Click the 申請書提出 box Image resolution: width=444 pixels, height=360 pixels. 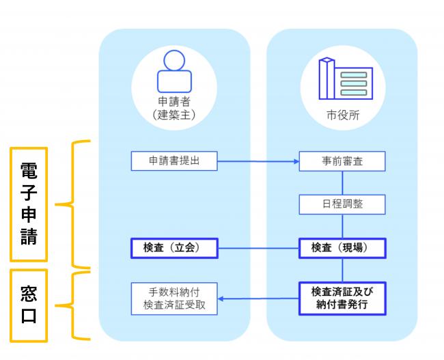point(174,161)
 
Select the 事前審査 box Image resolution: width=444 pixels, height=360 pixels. point(342,161)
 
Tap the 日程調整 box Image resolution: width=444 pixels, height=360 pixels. point(342,204)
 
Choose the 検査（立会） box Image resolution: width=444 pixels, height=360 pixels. point(174,248)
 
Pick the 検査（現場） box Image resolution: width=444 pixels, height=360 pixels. point(342,248)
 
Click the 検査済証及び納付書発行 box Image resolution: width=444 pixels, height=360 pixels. point(342,299)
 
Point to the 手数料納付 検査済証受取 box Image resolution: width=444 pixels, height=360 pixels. point(174,299)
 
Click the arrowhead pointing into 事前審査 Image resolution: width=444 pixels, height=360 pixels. point(296,161)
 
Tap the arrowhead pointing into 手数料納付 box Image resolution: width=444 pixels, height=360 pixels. point(221,299)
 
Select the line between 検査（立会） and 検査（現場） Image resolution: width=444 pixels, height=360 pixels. point(258,249)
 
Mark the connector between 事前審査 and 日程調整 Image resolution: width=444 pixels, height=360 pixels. point(342,182)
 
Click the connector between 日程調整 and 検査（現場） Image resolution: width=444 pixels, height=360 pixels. point(342,226)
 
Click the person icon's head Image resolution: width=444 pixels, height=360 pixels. point(174,60)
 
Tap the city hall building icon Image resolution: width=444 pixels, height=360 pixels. point(346,79)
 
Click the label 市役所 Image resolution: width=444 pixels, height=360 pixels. point(343,115)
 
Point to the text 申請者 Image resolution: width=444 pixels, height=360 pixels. point(174,101)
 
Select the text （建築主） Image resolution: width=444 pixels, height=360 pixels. point(174,115)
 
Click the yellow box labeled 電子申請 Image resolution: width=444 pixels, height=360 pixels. point(29,204)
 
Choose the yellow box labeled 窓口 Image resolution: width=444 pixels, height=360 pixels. point(29,305)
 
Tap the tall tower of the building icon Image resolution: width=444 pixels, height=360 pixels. point(327,79)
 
